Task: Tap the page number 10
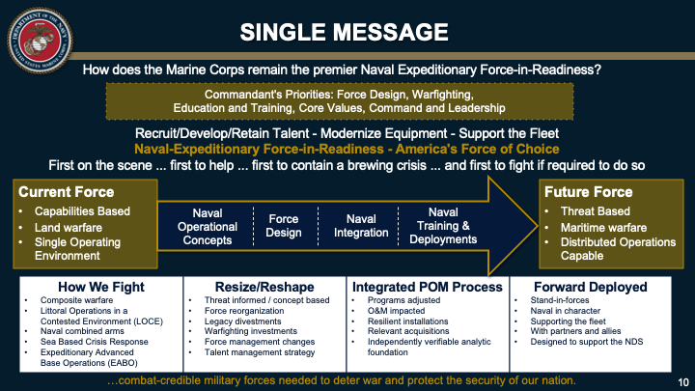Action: click(x=679, y=380)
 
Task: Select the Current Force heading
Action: click(x=61, y=192)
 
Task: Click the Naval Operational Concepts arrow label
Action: click(x=207, y=225)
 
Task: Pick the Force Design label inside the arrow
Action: click(x=283, y=226)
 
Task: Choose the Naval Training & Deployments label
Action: click(x=443, y=225)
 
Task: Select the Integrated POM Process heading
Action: click(x=427, y=287)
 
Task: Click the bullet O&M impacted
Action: click(x=394, y=310)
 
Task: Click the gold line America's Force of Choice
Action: click(x=347, y=149)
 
